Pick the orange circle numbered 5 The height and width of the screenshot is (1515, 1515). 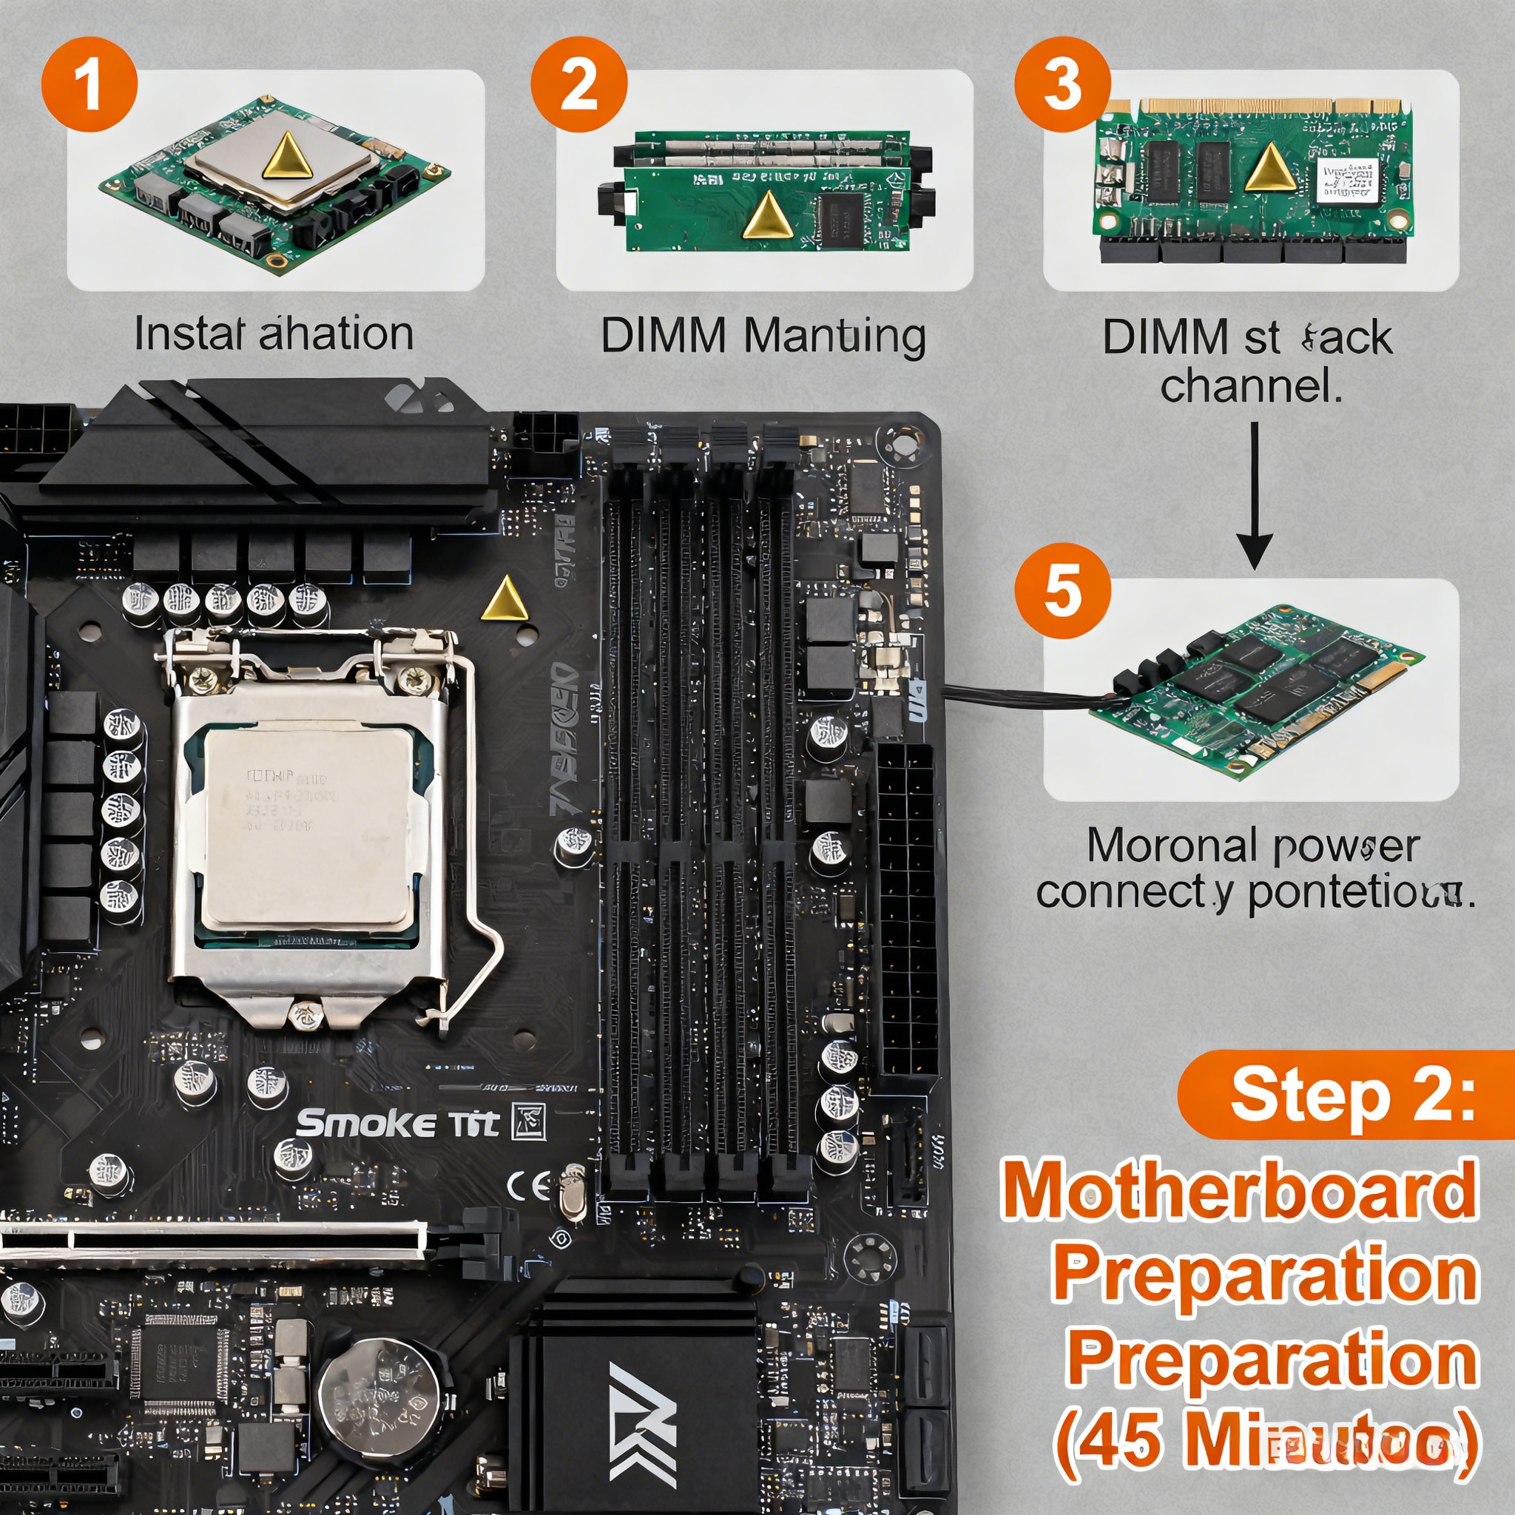[1062, 590]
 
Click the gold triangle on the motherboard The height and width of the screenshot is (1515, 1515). [505, 599]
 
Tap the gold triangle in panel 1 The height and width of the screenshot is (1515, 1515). [288, 155]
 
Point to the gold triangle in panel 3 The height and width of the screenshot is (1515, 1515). [1269, 169]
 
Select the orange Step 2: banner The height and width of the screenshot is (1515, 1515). [1345, 1094]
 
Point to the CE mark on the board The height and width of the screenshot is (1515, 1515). [528, 1187]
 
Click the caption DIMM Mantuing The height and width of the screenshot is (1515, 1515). [762, 336]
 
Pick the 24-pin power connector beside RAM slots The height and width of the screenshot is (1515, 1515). [907, 910]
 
